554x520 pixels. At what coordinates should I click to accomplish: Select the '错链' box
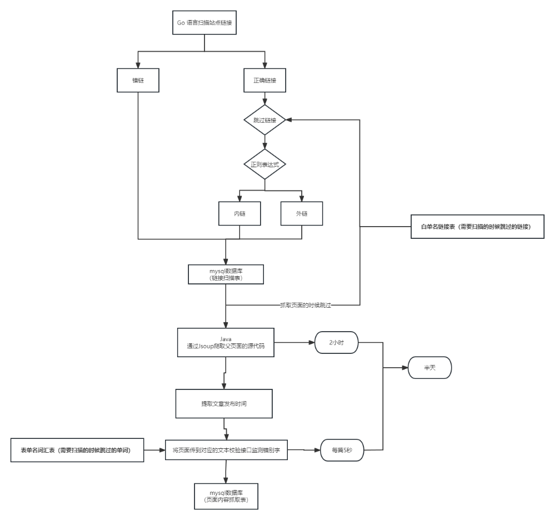pyautogui.click(x=138, y=81)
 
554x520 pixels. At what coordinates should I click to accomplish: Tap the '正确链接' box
pyautogui.click(x=265, y=81)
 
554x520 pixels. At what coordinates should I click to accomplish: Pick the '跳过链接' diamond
pyautogui.click(x=265, y=119)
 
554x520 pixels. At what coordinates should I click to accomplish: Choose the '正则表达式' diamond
pyautogui.click(x=265, y=164)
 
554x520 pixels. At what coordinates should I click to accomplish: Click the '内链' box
pyautogui.click(x=239, y=213)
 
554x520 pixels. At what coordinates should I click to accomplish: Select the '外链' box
pyautogui.click(x=302, y=213)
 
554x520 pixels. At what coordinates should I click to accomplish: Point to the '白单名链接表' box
pyautogui.click(x=477, y=227)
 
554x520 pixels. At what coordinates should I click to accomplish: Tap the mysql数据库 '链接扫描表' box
pyautogui.click(x=226, y=274)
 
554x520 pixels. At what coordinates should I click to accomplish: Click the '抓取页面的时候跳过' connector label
pyautogui.click(x=306, y=305)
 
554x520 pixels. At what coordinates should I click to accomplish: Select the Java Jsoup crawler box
pyautogui.click(x=226, y=342)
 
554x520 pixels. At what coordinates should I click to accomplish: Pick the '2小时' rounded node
pyautogui.click(x=336, y=343)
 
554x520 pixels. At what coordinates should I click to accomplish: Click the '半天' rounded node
pyautogui.click(x=430, y=368)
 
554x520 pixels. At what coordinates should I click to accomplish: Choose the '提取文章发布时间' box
pyautogui.click(x=224, y=404)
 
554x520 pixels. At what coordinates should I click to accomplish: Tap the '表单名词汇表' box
pyautogui.click(x=77, y=450)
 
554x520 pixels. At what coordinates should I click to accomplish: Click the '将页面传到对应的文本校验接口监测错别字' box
pyautogui.click(x=226, y=450)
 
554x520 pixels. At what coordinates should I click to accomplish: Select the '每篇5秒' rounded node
pyautogui.click(x=342, y=450)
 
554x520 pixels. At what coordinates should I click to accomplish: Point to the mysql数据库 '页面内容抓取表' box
pyautogui.click(x=226, y=496)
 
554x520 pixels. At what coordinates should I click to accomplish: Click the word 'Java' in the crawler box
pyautogui.click(x=226, y=338)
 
